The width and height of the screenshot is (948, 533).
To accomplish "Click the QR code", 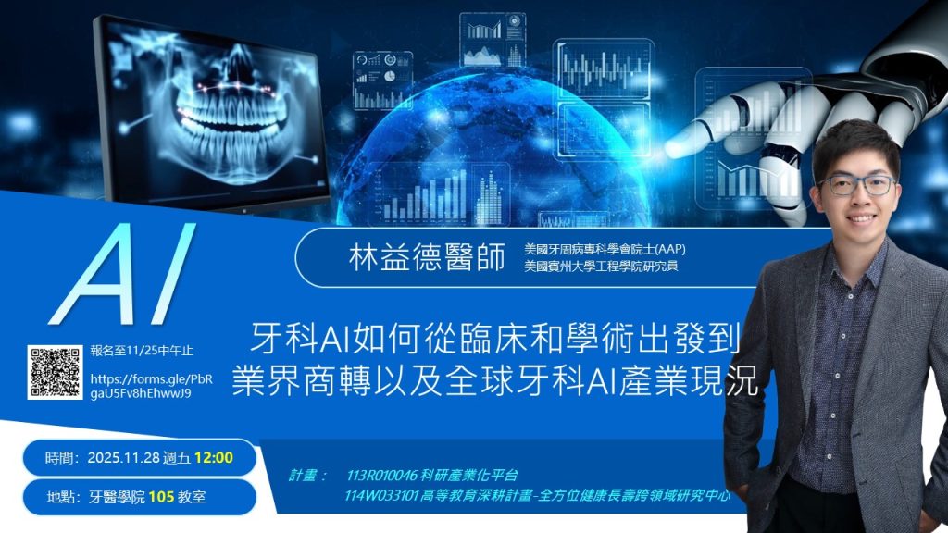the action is pyautogui.click(x=55, y=372).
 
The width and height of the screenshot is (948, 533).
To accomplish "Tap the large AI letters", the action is pyautogui.click(x=123, y=274).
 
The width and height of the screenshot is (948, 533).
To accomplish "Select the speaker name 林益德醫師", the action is pyautogui.click(x=427, y=258).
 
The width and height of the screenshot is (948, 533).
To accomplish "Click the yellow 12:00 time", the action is pyautogui.click(x=214, y=457).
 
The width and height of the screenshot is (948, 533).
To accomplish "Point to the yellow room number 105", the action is pyautogui.click(x=161, y=497).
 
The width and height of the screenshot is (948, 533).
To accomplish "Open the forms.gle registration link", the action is pyautogui.click(x=151, y=386).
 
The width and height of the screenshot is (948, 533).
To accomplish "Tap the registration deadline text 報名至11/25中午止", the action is pyautogui.click(x=142, y=351).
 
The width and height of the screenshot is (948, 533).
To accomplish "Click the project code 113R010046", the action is pyautogui.click(x=382, y=475).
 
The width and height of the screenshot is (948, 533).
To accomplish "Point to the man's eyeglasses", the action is pyautogui.click(x=857, y=185).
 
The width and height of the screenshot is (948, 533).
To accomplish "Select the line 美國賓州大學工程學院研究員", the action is pyautogui.click(x=601, y=266).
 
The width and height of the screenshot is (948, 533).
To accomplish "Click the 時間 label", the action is pyautogui.click(x=61, y=458).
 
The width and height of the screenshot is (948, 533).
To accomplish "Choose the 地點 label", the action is pyautogui.click(x=62, y=497).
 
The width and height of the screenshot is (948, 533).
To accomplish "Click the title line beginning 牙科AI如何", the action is pyautogui.click(x=495, y=339).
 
